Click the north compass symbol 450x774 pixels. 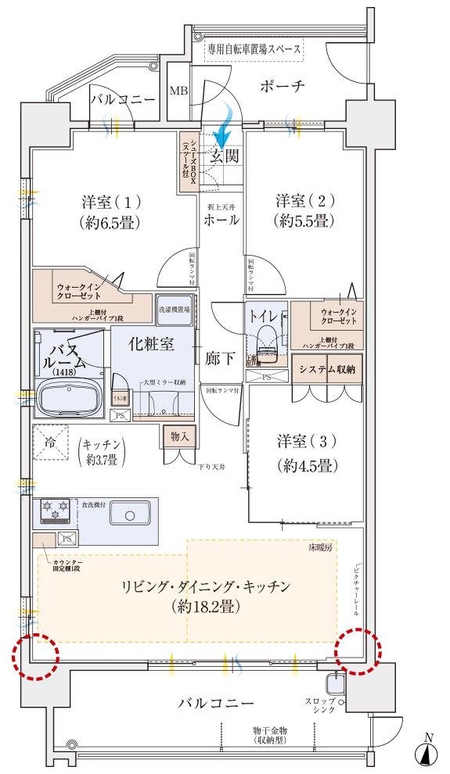[427, 752]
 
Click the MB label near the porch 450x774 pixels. [178, 90]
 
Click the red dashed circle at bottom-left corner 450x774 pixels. [36, 655]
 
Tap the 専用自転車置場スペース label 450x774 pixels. [254, 48]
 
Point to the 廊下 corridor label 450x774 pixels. [221, 359]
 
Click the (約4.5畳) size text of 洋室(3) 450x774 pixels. [306, 467]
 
